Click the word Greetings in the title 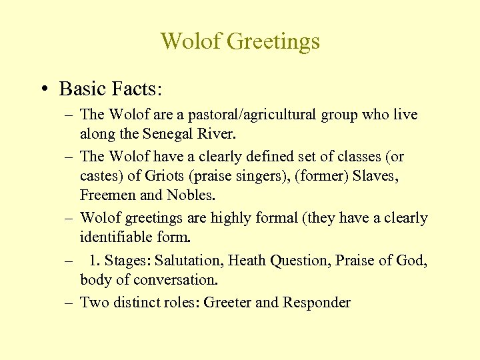(x=273, y=42)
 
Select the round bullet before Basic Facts (x=43, y=89)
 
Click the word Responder (x=317, y=303)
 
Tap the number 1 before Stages (x=93, y=261)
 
